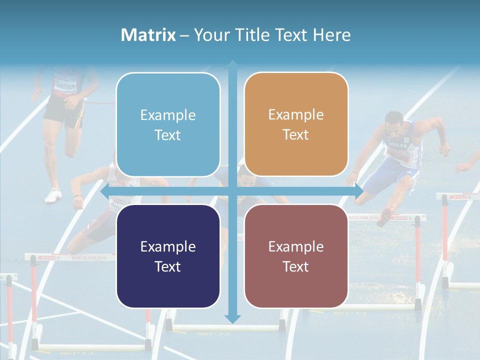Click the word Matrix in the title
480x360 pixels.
(148, 35)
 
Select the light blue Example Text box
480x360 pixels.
(168, 124)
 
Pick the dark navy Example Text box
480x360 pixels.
(168, 256)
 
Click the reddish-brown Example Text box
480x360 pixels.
(296, 256)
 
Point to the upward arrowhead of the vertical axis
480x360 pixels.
(232, 64)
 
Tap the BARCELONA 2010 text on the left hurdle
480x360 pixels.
(89, 258)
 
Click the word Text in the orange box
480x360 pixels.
(296, 134)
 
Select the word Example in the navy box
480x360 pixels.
(168, 246)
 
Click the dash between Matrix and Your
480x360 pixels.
(185, 35)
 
